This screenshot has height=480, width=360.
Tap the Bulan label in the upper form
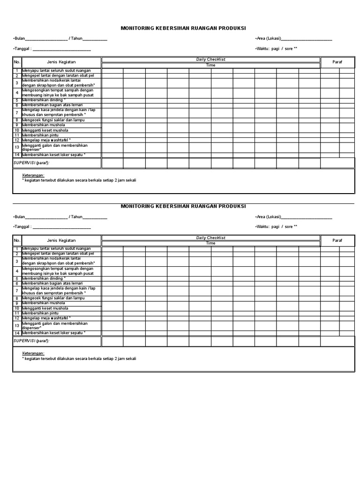(19, 38)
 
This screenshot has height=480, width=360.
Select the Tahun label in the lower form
(76, 217)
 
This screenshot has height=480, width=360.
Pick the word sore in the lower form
(288, 226)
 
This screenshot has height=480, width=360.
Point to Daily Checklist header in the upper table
(210, 60)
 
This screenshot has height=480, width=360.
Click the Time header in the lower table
(210, 243)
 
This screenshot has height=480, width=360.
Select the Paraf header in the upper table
(337, 62)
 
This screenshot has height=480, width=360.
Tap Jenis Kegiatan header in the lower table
(61, 240)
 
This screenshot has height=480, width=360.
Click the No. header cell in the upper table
(17, 62)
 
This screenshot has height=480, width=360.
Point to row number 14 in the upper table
(17, 155)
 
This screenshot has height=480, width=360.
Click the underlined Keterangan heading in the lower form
(33, 353)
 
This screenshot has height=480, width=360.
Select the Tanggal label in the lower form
(22, 226)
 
